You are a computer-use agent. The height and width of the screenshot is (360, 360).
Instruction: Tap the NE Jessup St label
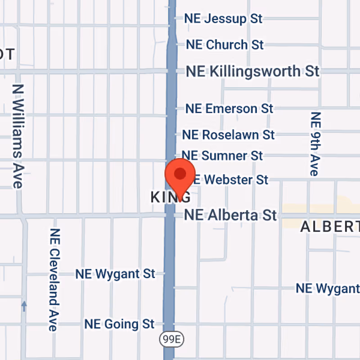tap(223, 19)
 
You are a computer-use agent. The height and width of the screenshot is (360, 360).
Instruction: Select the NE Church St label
tap(225, 45)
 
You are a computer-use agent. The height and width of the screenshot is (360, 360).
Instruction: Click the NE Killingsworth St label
tap(253, 71)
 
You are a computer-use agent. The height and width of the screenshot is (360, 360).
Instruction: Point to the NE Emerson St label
tap(229, 108)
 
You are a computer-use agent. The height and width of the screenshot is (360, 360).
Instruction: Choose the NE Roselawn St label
tap(228, 135)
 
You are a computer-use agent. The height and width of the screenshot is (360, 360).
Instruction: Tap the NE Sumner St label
tap(222, 156)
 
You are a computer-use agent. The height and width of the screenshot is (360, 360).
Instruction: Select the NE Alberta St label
tap(230, 215)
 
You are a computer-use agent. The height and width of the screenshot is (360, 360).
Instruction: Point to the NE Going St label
tap(119, 324)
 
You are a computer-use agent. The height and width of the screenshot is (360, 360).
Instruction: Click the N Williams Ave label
tap(18, 136)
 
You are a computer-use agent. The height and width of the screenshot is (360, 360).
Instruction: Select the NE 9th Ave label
tap(315, 144)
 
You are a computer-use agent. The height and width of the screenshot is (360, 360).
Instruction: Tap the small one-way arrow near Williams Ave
tap(24, 306)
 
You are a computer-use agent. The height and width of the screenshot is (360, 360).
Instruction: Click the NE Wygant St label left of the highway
tap(115, 274)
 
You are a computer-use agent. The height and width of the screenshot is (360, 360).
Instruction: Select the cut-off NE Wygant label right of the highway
tap(327, 288)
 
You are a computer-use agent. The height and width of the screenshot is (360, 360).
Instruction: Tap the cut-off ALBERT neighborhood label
tap(329, 227)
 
